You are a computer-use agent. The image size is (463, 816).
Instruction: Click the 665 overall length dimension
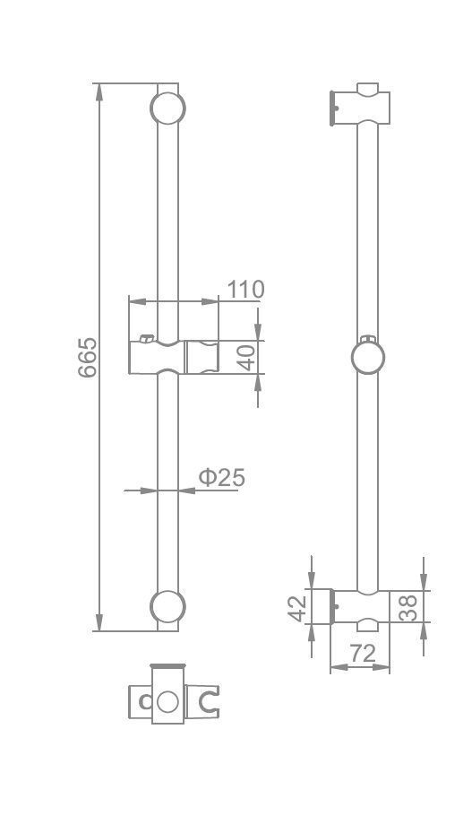87,357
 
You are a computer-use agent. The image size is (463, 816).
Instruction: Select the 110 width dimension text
245,290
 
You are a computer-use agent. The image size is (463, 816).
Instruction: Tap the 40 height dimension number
247,357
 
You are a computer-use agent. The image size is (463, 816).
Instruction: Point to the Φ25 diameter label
222,477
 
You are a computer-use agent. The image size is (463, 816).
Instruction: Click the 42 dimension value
297,608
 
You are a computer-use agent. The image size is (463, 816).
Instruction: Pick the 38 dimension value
408,607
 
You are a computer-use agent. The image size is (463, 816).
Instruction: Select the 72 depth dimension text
362,654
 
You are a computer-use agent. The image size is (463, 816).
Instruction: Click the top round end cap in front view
167,109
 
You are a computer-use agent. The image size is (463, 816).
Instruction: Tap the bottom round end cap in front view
167,607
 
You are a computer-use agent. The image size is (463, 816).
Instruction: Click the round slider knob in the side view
368,358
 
